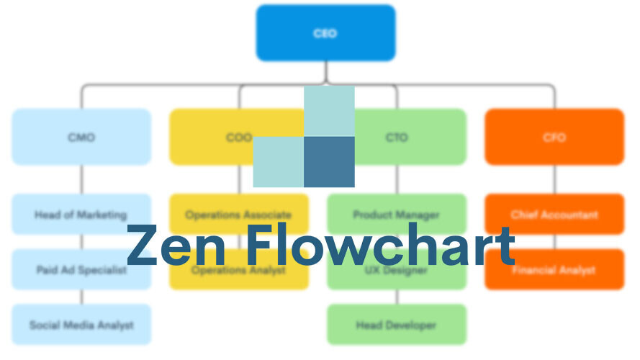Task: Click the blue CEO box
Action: tap(325, 33)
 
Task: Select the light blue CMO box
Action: tap(81, 137)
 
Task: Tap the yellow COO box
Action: tap(216, 137)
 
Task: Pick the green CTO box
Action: tap(410, 137)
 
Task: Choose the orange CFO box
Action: tap(554, 137)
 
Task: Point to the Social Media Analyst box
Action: tap(81, 325)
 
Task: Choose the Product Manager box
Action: tap(397, 209)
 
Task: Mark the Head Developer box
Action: tap(397, 325)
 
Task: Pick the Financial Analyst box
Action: tap(554, 277)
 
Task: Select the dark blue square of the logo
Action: tap(329, 162)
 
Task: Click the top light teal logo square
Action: tap(329, 111)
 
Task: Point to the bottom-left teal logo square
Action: tap(278, 162)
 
